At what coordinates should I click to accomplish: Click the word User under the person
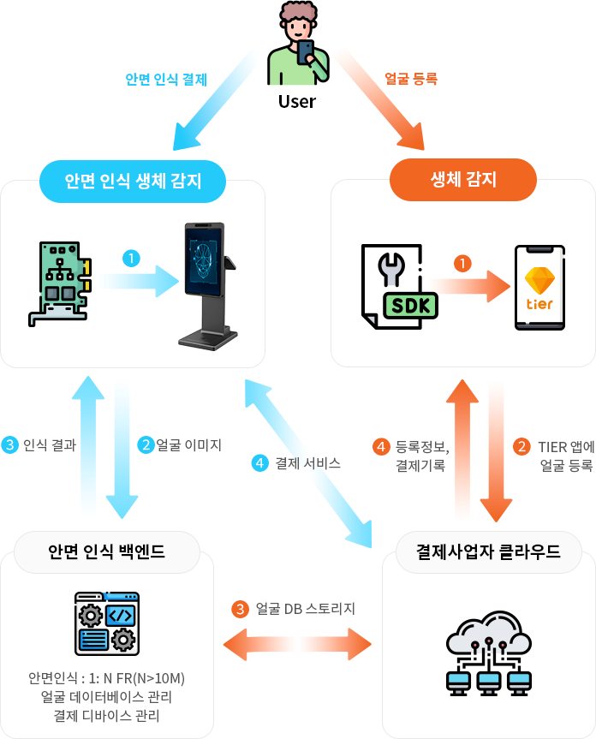(296, 101)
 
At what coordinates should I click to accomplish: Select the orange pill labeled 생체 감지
(462, 180)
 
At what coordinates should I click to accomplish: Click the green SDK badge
(410, 304)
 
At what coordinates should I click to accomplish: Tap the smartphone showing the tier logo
(539, 287)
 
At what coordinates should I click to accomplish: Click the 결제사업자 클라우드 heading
(487, 551)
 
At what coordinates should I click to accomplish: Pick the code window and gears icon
(107, 623)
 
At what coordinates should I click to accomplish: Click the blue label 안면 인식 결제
(166, 80)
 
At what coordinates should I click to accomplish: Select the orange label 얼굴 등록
(411, 79)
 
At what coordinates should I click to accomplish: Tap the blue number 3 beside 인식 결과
(10, 444)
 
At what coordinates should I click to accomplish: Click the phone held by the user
(305, 52)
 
